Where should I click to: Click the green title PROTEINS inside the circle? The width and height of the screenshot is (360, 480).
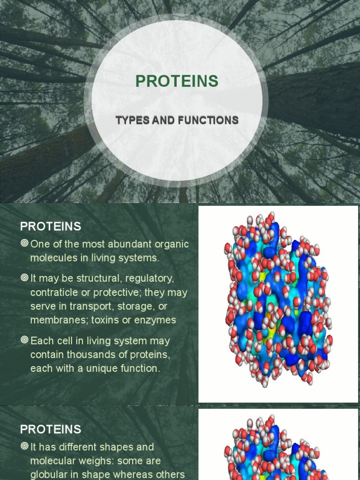[x=177, y=81]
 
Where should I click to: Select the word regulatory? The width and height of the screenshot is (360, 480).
[x=149, y=278]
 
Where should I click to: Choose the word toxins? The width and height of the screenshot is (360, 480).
[x=108, y=320]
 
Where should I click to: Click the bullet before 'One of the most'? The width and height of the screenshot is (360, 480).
[x=24, y=243]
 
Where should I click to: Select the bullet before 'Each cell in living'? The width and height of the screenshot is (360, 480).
[x=24, y=340]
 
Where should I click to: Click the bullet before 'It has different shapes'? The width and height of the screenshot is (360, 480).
[x=24, y=446]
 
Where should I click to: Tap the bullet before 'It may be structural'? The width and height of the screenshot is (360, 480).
[x=24, y=278]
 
